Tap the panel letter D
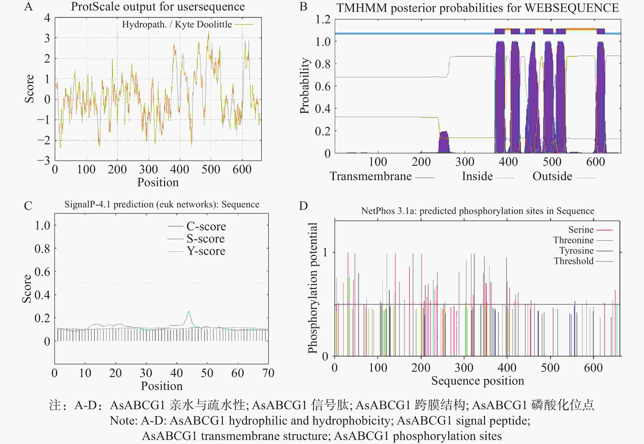[x=303, y=206]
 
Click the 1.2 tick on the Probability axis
[x=323, y=19]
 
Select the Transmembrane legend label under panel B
[x=371, y=176]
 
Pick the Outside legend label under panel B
[x=552, y=176]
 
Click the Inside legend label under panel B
[x=477, y=176]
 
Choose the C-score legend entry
[x=206, y=226]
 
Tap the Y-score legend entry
[x=206, y=251]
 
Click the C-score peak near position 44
[x=189, y=312]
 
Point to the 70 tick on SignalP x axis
[x=268, y=373]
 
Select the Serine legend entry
[x=581, y=230]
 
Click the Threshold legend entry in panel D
[x=573, y=261]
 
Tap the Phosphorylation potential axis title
[x=313, y=288]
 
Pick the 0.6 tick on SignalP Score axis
[x=42, y=271]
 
